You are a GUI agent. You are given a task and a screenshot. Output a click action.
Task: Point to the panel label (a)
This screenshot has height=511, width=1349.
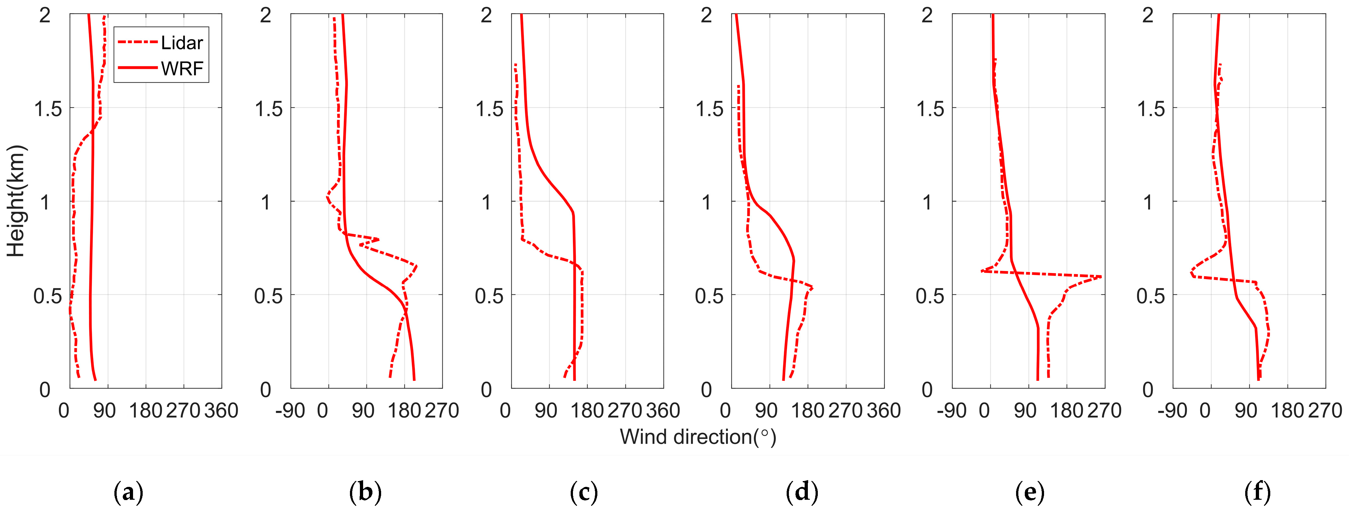pos(128,492)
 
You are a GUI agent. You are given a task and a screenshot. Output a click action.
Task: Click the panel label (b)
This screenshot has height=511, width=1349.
pos(365,492)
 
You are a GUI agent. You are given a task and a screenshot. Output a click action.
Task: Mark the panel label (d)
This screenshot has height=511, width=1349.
pos(802,492)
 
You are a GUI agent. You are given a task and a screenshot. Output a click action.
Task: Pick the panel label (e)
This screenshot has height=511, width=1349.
pos(1030,492)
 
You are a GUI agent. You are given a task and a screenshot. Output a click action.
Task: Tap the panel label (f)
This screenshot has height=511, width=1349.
pos(1258,492)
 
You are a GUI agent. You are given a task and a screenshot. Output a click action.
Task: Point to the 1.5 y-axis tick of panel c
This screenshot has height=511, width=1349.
pos(489,109)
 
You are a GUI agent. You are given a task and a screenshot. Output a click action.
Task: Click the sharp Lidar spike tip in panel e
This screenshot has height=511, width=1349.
pos(1101,276)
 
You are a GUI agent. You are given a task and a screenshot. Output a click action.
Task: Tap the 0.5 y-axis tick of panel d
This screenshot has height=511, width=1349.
pos(710,296)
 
